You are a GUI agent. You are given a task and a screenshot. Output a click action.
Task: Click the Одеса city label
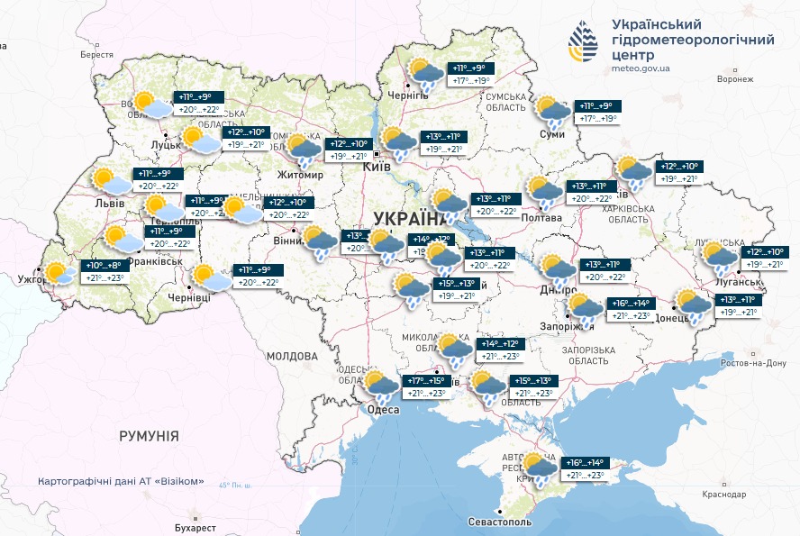tap(384, 410)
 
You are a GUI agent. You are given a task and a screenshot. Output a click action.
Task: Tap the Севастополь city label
tap(500, 522)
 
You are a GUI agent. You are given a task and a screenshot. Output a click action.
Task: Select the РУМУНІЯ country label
tap(149, 436)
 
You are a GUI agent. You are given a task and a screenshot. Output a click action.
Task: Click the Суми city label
tap(551, 134)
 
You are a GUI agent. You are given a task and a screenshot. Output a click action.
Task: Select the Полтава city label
tap(541, 218)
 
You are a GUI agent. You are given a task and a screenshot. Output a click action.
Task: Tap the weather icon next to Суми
tap(551, 111)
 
